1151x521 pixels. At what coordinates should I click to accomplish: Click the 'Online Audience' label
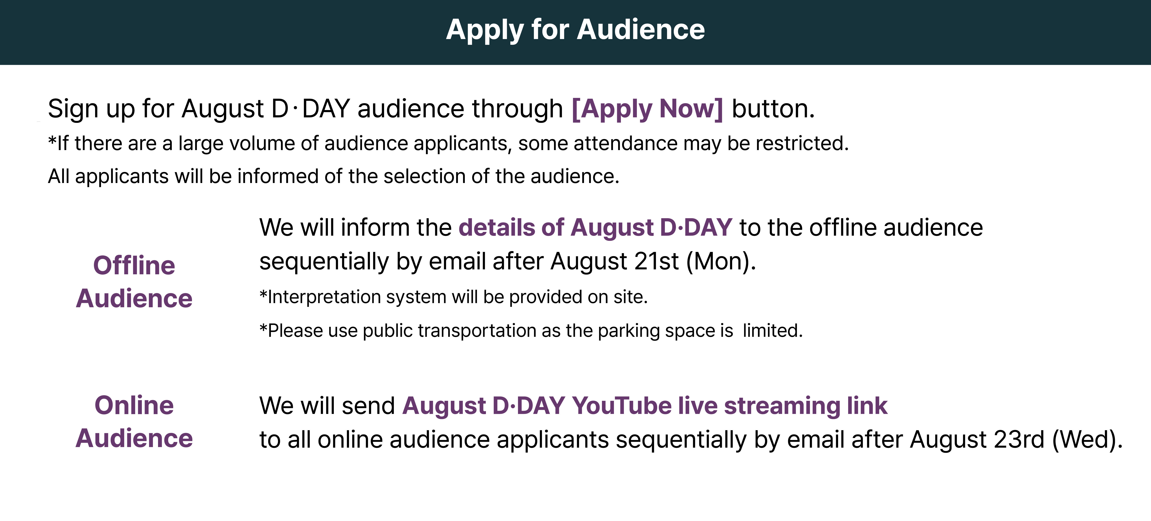134,421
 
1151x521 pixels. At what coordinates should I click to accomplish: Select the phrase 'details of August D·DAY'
595,228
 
